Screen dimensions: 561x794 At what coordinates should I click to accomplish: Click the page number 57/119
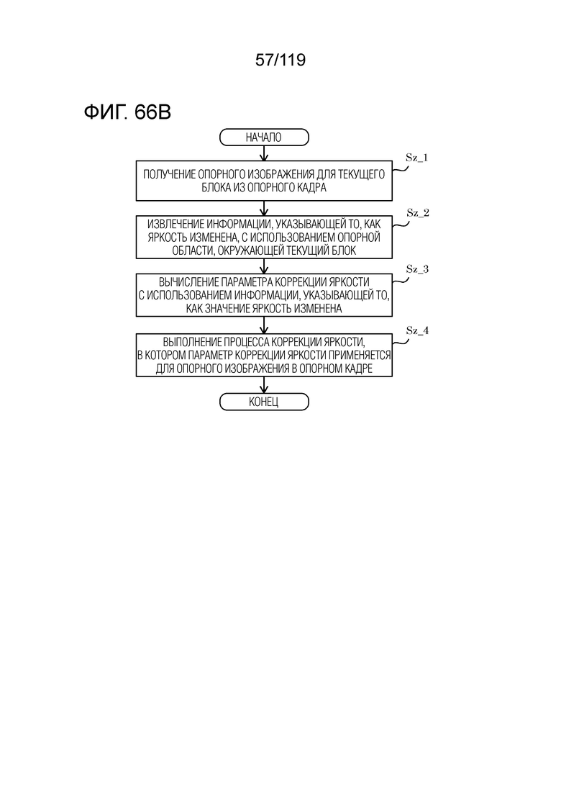(x=280, y=60)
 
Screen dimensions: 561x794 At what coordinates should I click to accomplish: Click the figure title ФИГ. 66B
(x=127, y=112)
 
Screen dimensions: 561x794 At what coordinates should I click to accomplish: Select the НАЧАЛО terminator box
(x=263, y=137)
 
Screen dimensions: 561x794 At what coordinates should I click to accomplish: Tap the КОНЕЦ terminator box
(x=263, y=402)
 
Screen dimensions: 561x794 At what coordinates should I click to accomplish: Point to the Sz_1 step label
(x=417, y=158)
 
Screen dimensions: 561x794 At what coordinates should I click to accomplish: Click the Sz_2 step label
(x=417, y=212)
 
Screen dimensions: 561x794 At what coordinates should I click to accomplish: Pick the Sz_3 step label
(x=417, y=269)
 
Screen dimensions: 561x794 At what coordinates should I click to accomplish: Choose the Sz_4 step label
(x=417, y=330)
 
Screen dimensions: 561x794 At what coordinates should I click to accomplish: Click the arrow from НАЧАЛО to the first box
(x=263, y=153)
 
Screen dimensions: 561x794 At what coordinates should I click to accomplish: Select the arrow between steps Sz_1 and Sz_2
(x=263, y=209)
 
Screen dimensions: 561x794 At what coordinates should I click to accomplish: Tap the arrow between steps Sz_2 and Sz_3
(x=263, y=267)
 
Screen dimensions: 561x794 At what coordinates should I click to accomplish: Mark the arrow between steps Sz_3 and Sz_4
(x=263, y=325)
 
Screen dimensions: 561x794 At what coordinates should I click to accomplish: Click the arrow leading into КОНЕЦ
(x=263, y=385)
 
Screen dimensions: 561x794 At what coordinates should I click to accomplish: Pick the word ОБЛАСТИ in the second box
(x=189, y=251)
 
